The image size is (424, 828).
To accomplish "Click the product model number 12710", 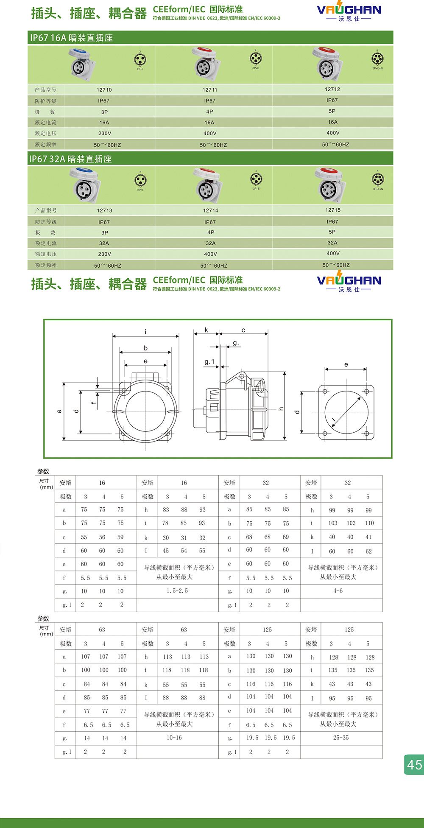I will [x=104, y=90].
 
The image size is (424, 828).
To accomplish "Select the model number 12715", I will [x=333, y=210].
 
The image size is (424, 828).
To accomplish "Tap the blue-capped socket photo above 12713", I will [x=86, y=185].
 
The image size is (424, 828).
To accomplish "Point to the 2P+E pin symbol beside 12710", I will [x=140, y=61].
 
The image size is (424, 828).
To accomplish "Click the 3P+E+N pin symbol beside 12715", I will [x=377, y=180].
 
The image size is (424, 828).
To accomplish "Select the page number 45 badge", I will [x=414, y=764].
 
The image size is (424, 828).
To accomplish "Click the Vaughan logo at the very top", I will [x=349, y=13].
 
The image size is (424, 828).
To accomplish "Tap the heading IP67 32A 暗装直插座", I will [x=70, y=159].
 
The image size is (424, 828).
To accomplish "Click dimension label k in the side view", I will [x=206, y=330].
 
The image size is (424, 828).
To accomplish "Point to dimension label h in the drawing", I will [x=281, y=408].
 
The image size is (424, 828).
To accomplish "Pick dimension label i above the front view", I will [x=145, y=332].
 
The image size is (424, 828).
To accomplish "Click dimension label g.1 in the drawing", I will [x=209, y=362].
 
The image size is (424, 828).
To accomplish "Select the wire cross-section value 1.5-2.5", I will [x=177, y=591].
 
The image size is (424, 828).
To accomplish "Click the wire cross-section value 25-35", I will [x=341, y=738].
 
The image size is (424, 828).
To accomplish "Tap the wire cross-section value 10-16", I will [x=174, y=738].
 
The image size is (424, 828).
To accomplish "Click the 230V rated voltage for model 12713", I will [x=104, y=254].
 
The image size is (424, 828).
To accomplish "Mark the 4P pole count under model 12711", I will [x=209, y=112].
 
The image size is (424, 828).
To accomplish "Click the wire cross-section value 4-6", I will [x=338, y=591].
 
